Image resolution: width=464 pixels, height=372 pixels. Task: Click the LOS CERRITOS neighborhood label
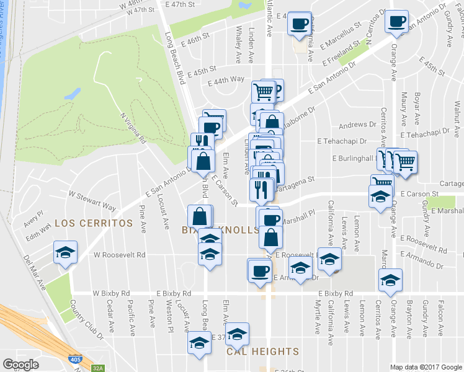coord(93,223)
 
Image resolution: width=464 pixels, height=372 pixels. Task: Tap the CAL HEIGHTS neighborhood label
coord(262,352)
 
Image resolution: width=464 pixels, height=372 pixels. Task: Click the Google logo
coord(21,364)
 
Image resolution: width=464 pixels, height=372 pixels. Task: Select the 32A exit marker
coord(98,368)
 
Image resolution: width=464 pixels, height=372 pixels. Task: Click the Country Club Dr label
coord(87,319)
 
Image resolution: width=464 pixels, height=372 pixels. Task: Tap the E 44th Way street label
coord(226,81)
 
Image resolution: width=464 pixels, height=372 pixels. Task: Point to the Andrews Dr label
coord(353,125)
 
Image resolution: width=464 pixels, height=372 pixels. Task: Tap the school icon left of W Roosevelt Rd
coord(65,252)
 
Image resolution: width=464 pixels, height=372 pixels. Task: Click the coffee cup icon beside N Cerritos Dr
coord(396,21)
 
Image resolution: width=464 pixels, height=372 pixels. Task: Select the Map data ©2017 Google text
coord(426,367)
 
